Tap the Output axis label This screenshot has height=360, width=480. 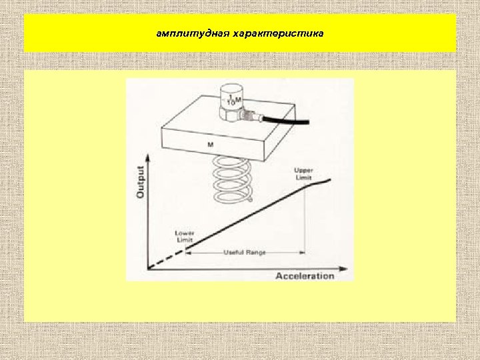pyautogui.click(x=141, y=182)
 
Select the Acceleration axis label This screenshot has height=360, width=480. pyautogui.click(x=305, y=275)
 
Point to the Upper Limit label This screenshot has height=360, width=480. pyautogui.click(x=304, y=173)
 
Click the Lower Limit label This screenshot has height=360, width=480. pyautogui.click(x=185, y=236)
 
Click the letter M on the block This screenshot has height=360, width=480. pyautogui.click(x=211, y=144)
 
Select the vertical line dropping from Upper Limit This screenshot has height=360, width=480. pyautogui.click(x=305, y=220)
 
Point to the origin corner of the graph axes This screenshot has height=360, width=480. pyautogui.click(x=149, y=269)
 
